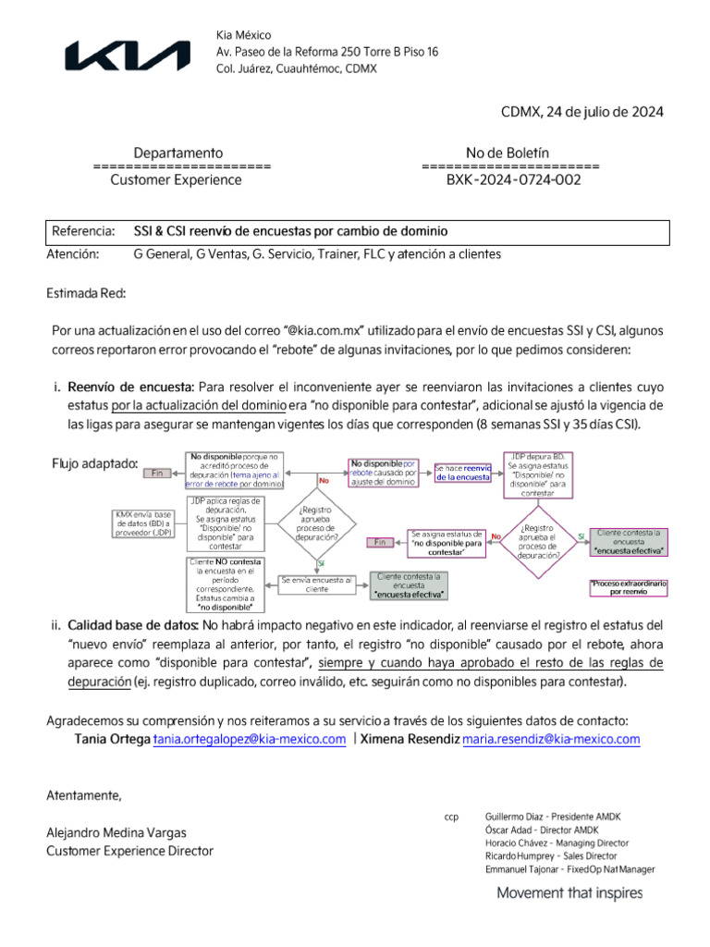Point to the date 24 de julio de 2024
[582, 112]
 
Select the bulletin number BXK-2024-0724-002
[513, 180]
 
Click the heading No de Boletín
[508, 153]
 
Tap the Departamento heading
[177, 153]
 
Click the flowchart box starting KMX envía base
[143, 523]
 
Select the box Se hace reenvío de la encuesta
[462, 473]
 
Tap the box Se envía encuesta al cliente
[316, 584]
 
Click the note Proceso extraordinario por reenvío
[629, 586]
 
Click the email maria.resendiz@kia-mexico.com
[551, 739]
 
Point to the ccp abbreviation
[451, 818]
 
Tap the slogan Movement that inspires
[569, 893]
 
